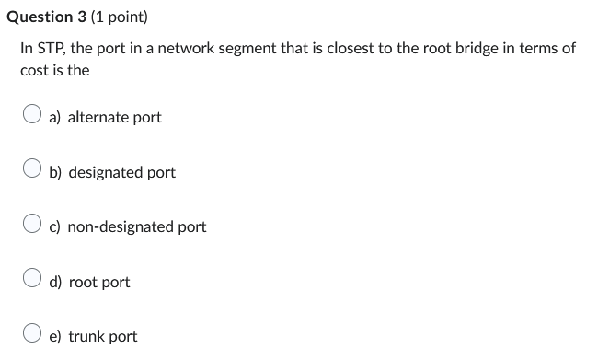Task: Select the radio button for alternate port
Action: click(32, 116)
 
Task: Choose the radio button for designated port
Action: click(32, 171)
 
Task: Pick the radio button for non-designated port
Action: click(32, 226)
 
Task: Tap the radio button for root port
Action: click(32, 281)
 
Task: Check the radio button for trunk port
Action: click(32, 335)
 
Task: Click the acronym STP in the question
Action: click(51, 48)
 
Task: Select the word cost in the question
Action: click(35, 70)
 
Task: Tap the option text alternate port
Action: click(114, 117)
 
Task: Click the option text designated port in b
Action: click(121, 172)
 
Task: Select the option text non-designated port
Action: click(137, 226)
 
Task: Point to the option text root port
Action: click(99, 282)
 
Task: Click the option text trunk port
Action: click(102, 336)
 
